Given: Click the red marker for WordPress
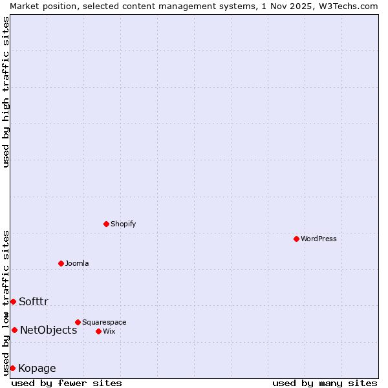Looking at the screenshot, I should click(x=296, y=239).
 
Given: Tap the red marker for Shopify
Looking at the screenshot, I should click(x=107, y=224).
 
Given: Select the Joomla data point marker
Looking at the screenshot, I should click(x=61, y=263).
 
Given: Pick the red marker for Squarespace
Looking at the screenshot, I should click(x=78, y=322).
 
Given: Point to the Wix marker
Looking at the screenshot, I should click(x=98, y=331).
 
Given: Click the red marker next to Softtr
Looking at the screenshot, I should click(x=13, y=301).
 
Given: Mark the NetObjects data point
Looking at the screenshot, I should click(x=14, y=330).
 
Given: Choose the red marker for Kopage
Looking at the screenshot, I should click(x=12, y=368).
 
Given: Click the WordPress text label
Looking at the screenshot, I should click(x=319, y=239).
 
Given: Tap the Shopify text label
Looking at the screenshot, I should click(x=123, y=224).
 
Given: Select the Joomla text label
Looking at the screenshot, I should click(x=77, y=263).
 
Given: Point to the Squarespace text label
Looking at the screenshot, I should click(x=104, y=322).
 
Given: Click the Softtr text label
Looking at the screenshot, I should click(x=34, y=301).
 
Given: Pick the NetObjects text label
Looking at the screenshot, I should click(x=48, y=330).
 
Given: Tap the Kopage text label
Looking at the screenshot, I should click(x=37, y=369).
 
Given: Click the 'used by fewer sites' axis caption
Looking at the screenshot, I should click(x=67, y=383).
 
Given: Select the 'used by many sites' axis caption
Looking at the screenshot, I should click(x=325, y=383).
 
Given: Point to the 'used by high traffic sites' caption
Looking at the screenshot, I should click(x=6, y=92).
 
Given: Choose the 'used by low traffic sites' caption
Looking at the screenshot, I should click(x=6, y=302).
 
